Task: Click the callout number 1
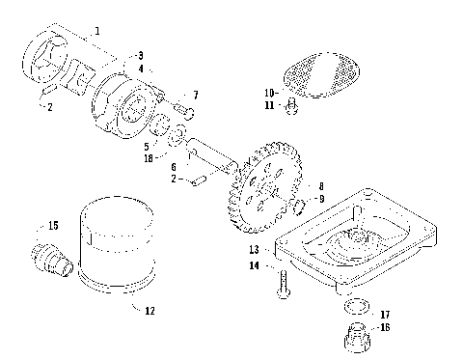97,32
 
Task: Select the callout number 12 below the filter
149,311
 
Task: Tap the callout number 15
52,225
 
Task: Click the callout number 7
196,95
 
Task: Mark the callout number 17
385,314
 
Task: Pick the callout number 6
174,167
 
